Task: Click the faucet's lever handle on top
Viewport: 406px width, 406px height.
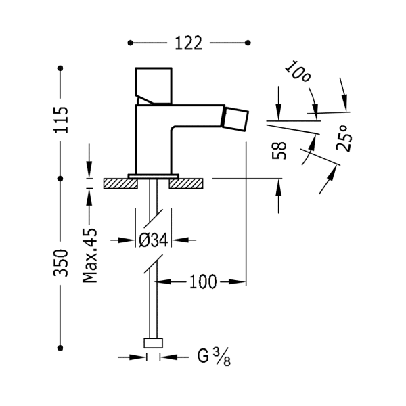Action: pyautogui.click(x=154, y=82)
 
